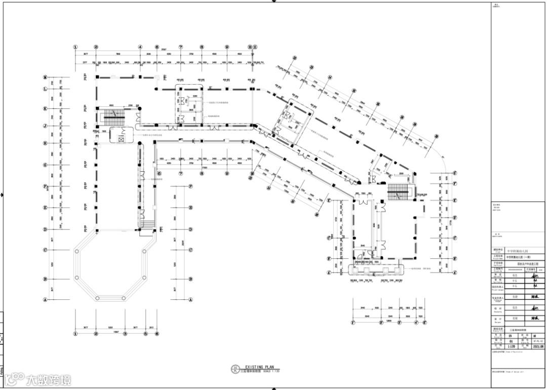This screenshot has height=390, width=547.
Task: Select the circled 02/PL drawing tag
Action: (235, 369)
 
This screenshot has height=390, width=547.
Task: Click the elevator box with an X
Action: (121, 138)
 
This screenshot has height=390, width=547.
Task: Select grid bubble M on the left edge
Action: (46, 77)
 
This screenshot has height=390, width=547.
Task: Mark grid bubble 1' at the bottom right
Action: (352, 322)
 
